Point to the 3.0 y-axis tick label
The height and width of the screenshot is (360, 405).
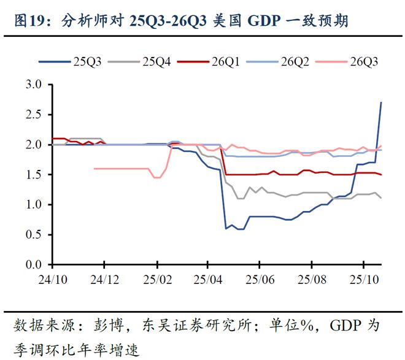click(x=34, y=85)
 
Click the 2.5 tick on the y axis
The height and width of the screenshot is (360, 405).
click(x=34, y=115)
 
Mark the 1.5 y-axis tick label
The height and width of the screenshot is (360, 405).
click(x=34, y=175)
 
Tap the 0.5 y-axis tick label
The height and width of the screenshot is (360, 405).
click(x=34, y=235)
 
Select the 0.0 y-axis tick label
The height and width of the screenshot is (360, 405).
click(x=34, y=265)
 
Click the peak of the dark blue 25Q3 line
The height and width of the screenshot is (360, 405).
click(x=381, y=102)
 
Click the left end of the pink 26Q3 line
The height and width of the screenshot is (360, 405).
click(x=94, y=168)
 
